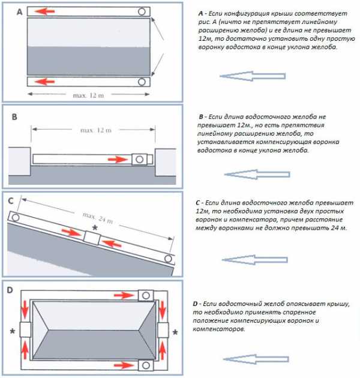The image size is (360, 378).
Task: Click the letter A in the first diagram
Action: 20,11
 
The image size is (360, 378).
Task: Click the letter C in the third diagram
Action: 11,200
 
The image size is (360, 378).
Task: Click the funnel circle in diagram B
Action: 140,159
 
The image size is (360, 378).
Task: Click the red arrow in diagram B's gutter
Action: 116,159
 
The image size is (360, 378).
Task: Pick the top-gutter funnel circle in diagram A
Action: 142,11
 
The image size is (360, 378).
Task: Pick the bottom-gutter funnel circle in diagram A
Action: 142,82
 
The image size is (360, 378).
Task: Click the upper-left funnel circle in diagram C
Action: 14,217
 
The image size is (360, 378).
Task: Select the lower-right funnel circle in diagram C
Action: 169,260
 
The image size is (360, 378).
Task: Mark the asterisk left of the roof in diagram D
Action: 12,331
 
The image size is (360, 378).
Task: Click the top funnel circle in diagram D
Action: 146,296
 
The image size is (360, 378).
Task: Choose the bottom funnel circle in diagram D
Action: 146,365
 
